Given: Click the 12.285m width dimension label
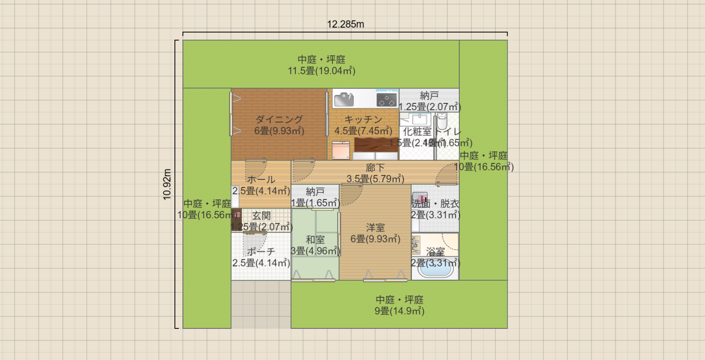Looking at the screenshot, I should pyautogui.click(x=345, y=24).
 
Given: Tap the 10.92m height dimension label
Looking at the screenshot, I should pyautogui.click(x=167, y=184).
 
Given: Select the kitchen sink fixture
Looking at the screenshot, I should pyautogui.click(x=344, y=100).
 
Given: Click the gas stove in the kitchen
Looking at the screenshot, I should pyautogui.click(x=386, y=100).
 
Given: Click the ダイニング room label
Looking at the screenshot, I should pyautogui.click(x=279, y=120).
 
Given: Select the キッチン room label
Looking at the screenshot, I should pyautogui.click(x=363, y=120).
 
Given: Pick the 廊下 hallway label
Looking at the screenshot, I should pyautogui.click(x=375, y=168).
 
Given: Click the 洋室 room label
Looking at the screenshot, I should pyautogui.click(x=375, y=228).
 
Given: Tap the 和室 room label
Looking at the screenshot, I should pyautogui.click(x=315, y=240).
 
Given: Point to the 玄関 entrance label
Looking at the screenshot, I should pyautogui.click(x=261, y=216).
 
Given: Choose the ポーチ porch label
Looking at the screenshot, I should pyautogui.click(x=261, y=252).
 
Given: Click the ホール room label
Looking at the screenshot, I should pyautogui.click(x=261, y=180).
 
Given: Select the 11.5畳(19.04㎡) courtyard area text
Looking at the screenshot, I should pyautogui.click(x=321, y=71).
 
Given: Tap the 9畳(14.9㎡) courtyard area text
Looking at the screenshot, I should pyautogui.click(x=399, y=311).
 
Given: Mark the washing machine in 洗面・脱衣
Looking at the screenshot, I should pyautogui.click(x=420, y=199).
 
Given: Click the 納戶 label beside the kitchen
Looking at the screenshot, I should pyautogui.click(x=429, y=96).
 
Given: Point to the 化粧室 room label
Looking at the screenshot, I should pyautogui.click(x=417, y=132).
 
